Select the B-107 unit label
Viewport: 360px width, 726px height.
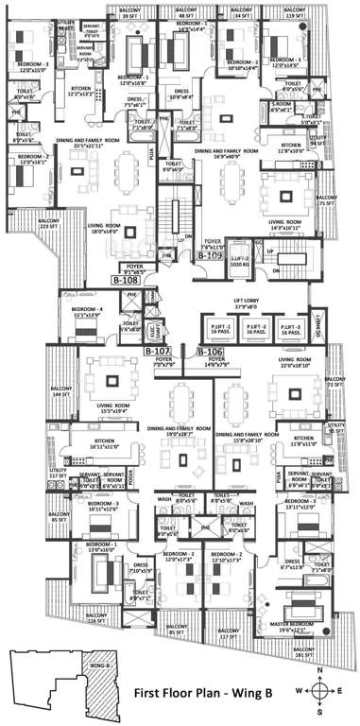(157, 351)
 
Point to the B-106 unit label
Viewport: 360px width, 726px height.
(210, 351)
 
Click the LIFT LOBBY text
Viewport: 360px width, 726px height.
(246, 305)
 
